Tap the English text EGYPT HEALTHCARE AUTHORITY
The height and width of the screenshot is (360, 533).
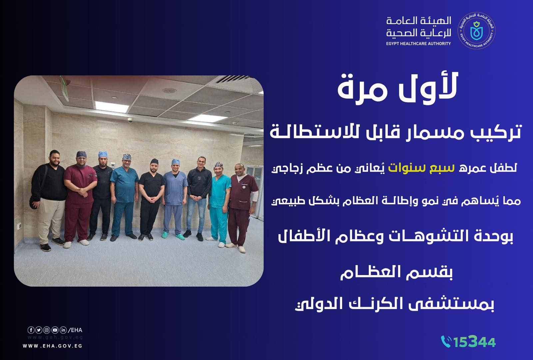coord(419,44)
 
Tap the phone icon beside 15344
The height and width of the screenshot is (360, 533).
coord(446,341)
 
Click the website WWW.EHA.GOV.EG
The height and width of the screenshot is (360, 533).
coord(52,346)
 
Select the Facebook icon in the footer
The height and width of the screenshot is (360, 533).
coord(31,330)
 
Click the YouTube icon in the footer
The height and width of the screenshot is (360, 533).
coord(55,330)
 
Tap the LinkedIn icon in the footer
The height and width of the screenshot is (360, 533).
coord(63,330)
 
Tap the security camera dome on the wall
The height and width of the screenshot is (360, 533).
coord(130,122)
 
